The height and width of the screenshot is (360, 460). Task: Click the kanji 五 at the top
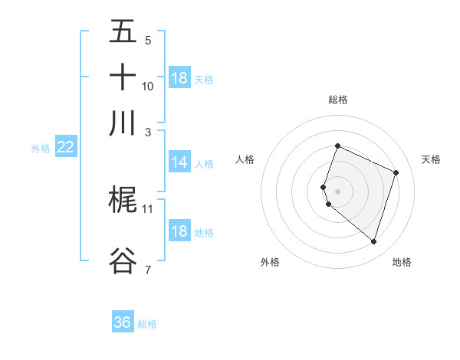pyautogui.click(x=123, y=31)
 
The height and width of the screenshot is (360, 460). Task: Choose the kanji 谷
pyautogui.click(x=123, y=260)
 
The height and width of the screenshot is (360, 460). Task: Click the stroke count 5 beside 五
pyautogui.click(x=148, y=41)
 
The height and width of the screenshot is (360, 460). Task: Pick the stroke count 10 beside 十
pyautogui.click(x=148, y=86)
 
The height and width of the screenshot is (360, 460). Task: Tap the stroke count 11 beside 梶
pyautogui.click(x=148, y=208)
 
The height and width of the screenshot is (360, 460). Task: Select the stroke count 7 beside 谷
pyautogui.click(x=148, y=269)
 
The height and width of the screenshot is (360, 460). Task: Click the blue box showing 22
pyautogui.click(x=65, y=148)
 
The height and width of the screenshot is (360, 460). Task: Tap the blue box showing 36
pyautogui.click(x=123, y=322)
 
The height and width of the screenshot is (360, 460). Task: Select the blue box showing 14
pyautogui.click(x=179, y=162)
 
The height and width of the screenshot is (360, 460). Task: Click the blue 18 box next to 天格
pyautogui.click(x=179, y=78)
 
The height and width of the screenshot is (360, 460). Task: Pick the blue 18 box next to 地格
pyautogui.click(x=179, y=231)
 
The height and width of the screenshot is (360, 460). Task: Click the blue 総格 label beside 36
pyautogui.click(x=147, y=324)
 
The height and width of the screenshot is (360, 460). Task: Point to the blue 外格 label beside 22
pyautogui.click(x=41, y=149)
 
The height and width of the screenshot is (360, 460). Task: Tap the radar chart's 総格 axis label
pyautogui.click(x=338, y=100)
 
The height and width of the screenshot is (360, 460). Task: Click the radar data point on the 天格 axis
pyautogui.click(x=396, y=172)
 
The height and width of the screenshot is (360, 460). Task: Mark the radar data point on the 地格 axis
pyautogui.click(x=373, y=242)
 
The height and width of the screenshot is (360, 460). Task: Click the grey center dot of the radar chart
pyautogui.click(x=338, y=191)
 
